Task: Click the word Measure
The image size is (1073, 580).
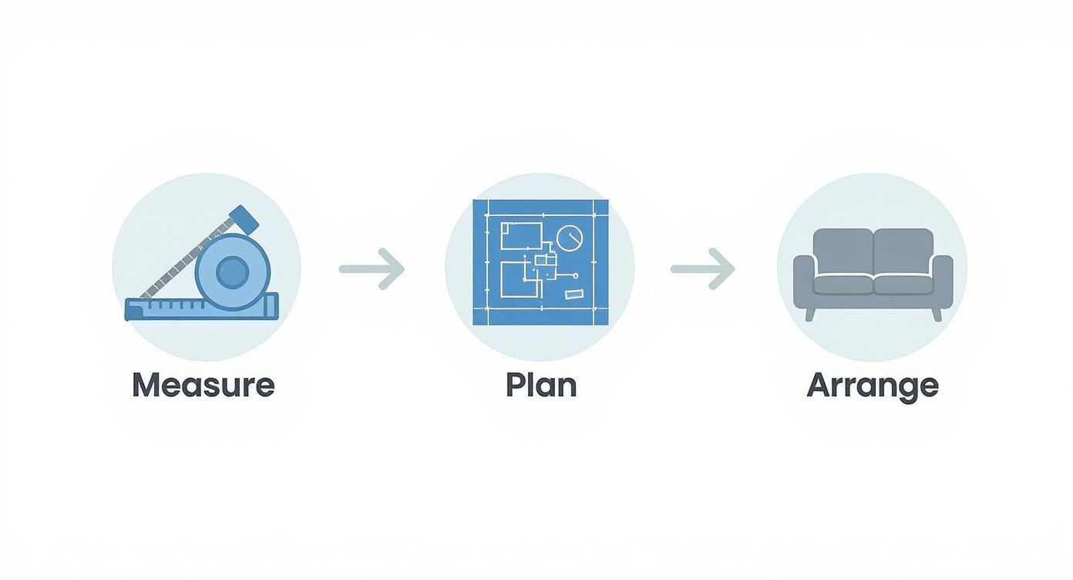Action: click(x=203, y=386)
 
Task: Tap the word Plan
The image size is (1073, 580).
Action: click(x=541, y=386)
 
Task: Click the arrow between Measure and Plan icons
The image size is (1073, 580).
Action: click(x=372, y=269)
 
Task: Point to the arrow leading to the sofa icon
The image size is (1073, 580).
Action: click(x=703, y=269)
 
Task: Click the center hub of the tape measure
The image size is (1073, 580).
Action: click(x=232, y=271)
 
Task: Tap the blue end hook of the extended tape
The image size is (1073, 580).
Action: click(x=244, y=220)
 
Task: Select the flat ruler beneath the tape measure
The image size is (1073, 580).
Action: click(x=202, y=307)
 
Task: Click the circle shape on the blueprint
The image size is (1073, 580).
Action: click(x=570, y=238)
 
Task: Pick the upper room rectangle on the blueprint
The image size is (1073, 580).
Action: click(x=521, y=236)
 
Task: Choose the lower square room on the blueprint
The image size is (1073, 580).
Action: click(x=520, y=279)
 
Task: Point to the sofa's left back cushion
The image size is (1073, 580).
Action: click(x=843, y=251)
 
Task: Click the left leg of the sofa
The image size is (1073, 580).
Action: click(x=809, y=315)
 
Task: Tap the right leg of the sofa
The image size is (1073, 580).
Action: click(x=937, y=315)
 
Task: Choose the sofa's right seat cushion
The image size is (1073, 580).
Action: click(x=904, y=285)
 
